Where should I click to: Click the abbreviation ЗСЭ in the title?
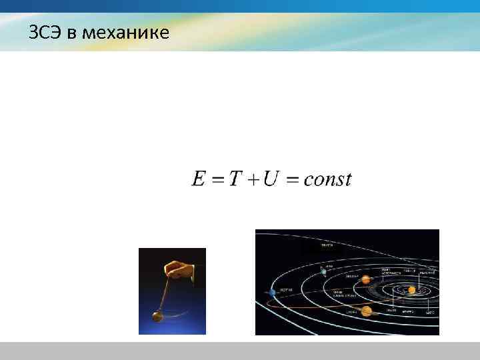tap(46, 32)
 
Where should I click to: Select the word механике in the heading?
tap(127, 32)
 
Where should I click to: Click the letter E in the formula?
tap(199, 179)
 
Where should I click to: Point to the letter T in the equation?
tap(235, 179)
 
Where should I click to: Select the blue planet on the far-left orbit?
tap(272, 292)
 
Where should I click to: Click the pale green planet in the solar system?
tap(323, 271)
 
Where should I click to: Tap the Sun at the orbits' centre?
tap(412, 290)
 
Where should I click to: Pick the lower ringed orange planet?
tap(366, 311)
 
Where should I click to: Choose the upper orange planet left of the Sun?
tap(365, 279)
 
